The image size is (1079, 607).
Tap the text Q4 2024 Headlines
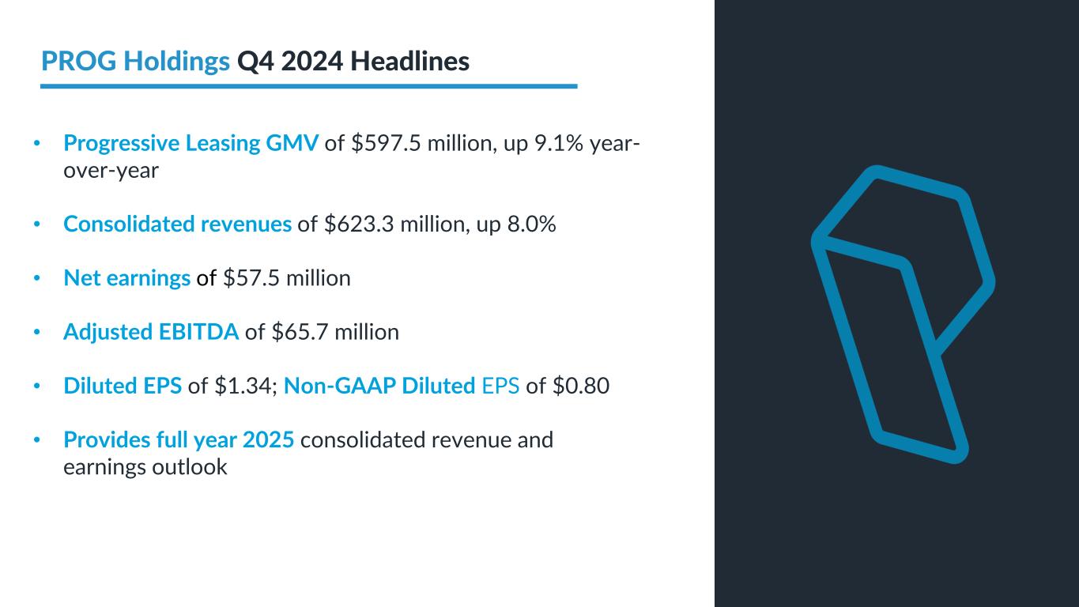tap(353, 61)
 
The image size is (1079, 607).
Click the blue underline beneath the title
tap(308, 85)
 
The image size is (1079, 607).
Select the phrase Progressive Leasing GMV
tap(191, 143)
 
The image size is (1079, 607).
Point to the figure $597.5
tap(378, 143)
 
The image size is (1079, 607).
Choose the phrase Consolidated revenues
tap(178, 224)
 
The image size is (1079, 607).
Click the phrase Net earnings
tap(126, 278)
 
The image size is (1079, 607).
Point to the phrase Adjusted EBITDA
tap(151, 332)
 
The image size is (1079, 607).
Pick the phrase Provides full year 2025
tap(179, 439)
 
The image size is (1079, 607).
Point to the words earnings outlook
tap(145, 467)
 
